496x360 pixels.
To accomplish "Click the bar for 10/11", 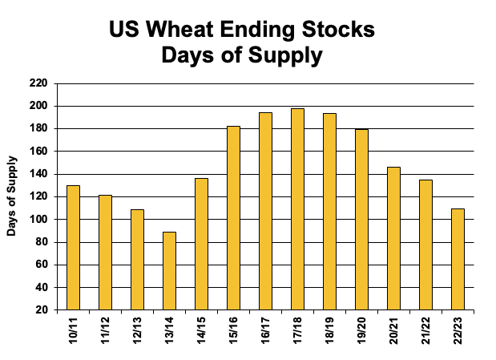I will (x=73, y=247).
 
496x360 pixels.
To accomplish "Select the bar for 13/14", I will (x=169, y=270).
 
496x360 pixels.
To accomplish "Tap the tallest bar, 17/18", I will (x=297, y=208).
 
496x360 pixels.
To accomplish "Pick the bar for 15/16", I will (x=233, y=217).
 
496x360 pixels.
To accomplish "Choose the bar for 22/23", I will (x=458, y=258).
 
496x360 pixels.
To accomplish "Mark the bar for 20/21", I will (x=393, y=238).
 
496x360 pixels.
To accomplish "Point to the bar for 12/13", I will (x=137, y=259).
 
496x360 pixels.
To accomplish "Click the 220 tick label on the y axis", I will (x=38, y=83).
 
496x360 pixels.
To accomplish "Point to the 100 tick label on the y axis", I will (x=38, y=219).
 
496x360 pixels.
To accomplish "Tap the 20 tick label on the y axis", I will (x=41, y=309).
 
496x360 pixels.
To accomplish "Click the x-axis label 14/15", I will (x=201, y=330).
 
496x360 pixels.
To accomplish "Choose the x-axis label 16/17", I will (x=265, y=330).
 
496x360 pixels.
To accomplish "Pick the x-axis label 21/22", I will (x=425, y=330).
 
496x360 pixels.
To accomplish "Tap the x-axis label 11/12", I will (x=105, y=330).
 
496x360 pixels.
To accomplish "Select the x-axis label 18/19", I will (x=329, y=330).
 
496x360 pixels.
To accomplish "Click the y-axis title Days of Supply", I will (x=12, y=196).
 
